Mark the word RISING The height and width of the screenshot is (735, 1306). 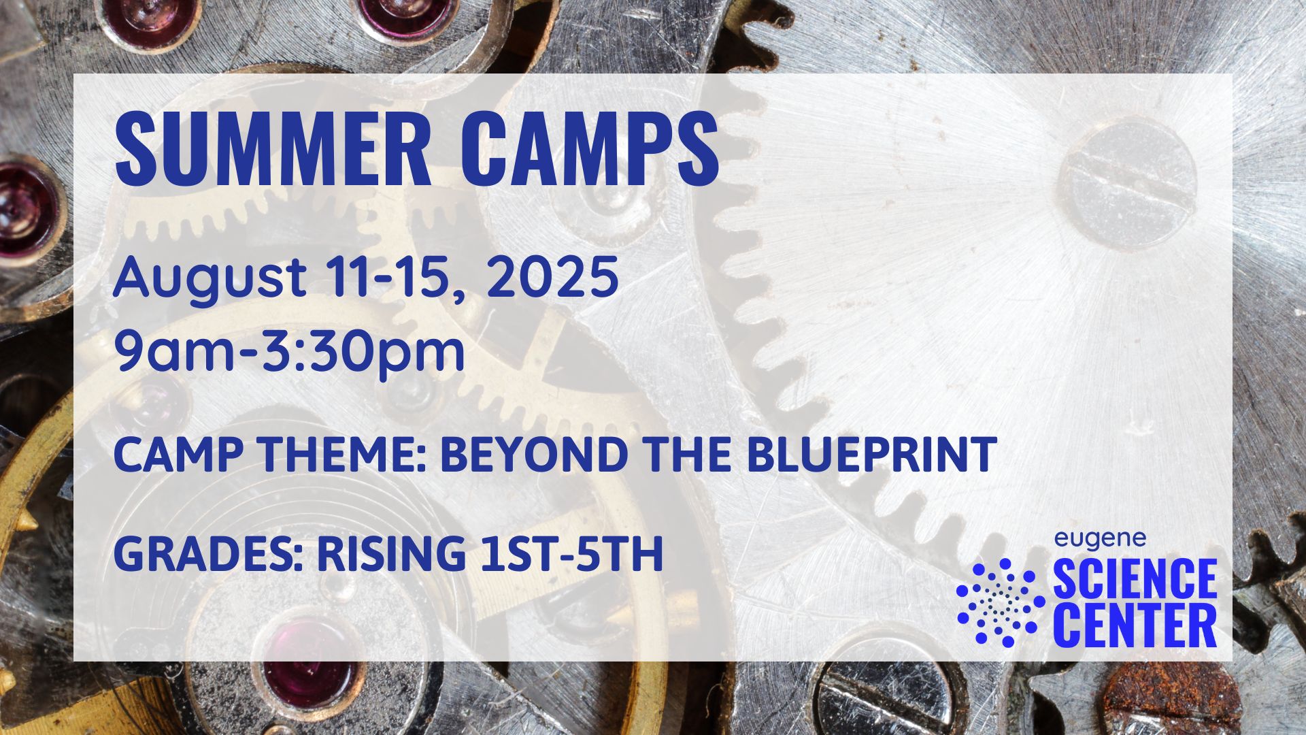[x=390, y=554]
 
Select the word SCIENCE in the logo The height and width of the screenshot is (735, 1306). [x=1135, y=579]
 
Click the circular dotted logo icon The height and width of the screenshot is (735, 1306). [x=1001, y=603]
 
